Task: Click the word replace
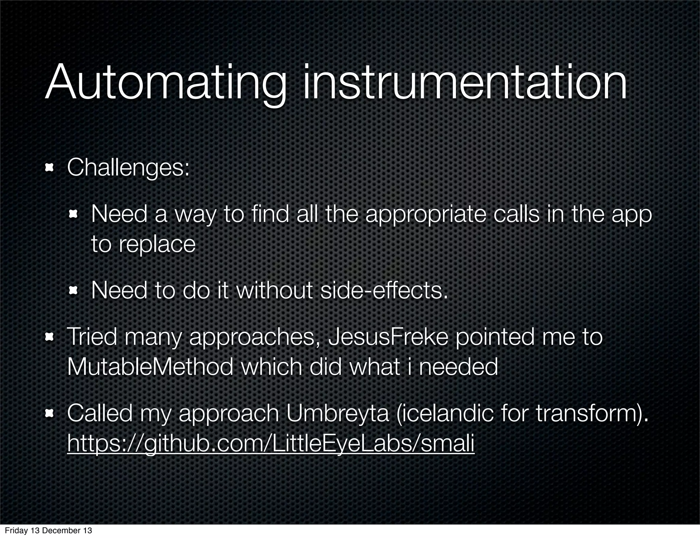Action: coord(157,244)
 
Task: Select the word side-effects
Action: coord(384,291)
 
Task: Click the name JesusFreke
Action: coord(388,337)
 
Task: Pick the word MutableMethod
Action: coord(150,367)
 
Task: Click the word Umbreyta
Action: coord(337,413)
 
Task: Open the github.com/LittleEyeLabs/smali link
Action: coord(271,443)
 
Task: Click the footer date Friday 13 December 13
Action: coord(48,530)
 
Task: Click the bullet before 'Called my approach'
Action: coord(50,414)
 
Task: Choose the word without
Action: coord(274,291)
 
